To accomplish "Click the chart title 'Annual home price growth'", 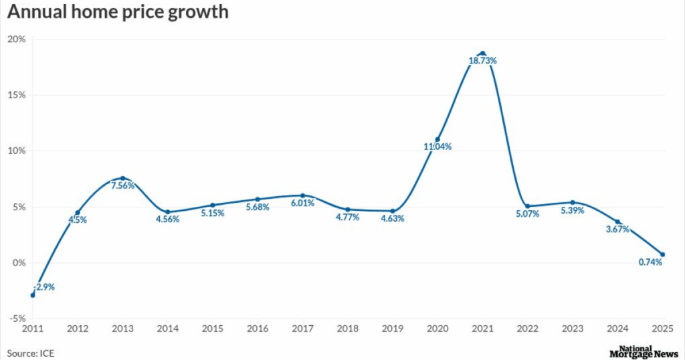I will click(118, 13).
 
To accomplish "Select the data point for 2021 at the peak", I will click(482, 53).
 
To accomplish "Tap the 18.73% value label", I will click(482, 61).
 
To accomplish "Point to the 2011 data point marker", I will click(33, 295).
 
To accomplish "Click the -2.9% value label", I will click(44, 286).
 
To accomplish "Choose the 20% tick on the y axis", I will click(17, 39).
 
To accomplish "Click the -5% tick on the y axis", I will click(17, 319).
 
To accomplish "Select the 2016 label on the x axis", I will click(258, 329).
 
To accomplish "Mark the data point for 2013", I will click(122, 178).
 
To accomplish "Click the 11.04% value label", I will click(437, 147).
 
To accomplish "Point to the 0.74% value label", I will click(650, 262).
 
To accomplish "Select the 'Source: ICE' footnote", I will click(30, 352).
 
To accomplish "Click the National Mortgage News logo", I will click(644, 352).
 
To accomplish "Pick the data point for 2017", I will click(302, 195).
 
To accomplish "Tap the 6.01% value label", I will click(302, 203).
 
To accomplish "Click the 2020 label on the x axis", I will click(437, 329).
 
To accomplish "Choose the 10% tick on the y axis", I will click(17, 151).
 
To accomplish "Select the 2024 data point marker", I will click(617, 221).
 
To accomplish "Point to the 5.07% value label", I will click(527, 214).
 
